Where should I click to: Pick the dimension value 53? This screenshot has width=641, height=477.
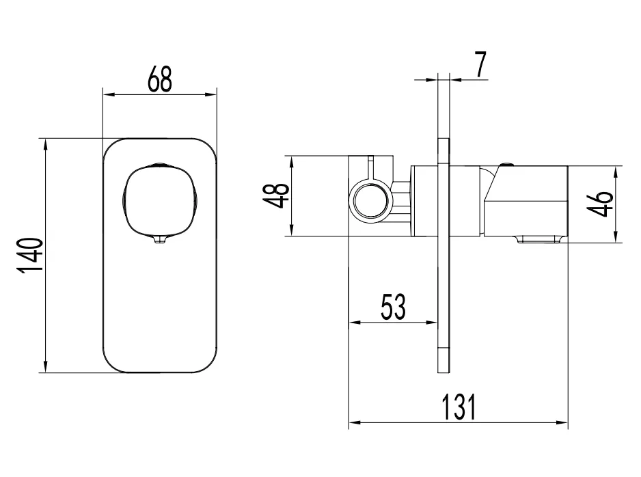[393, 308]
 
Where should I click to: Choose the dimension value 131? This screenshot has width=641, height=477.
[457, 408]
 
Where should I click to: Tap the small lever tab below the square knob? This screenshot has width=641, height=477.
[159, 238]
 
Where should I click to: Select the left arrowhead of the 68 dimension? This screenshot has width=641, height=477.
[106, 94]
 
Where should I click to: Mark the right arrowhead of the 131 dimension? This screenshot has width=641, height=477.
[564, 423]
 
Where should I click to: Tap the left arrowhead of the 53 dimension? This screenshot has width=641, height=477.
[353, 322]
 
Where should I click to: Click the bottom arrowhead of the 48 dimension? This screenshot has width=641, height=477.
[292, 233]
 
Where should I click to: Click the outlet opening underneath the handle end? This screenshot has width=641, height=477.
[540, 238]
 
